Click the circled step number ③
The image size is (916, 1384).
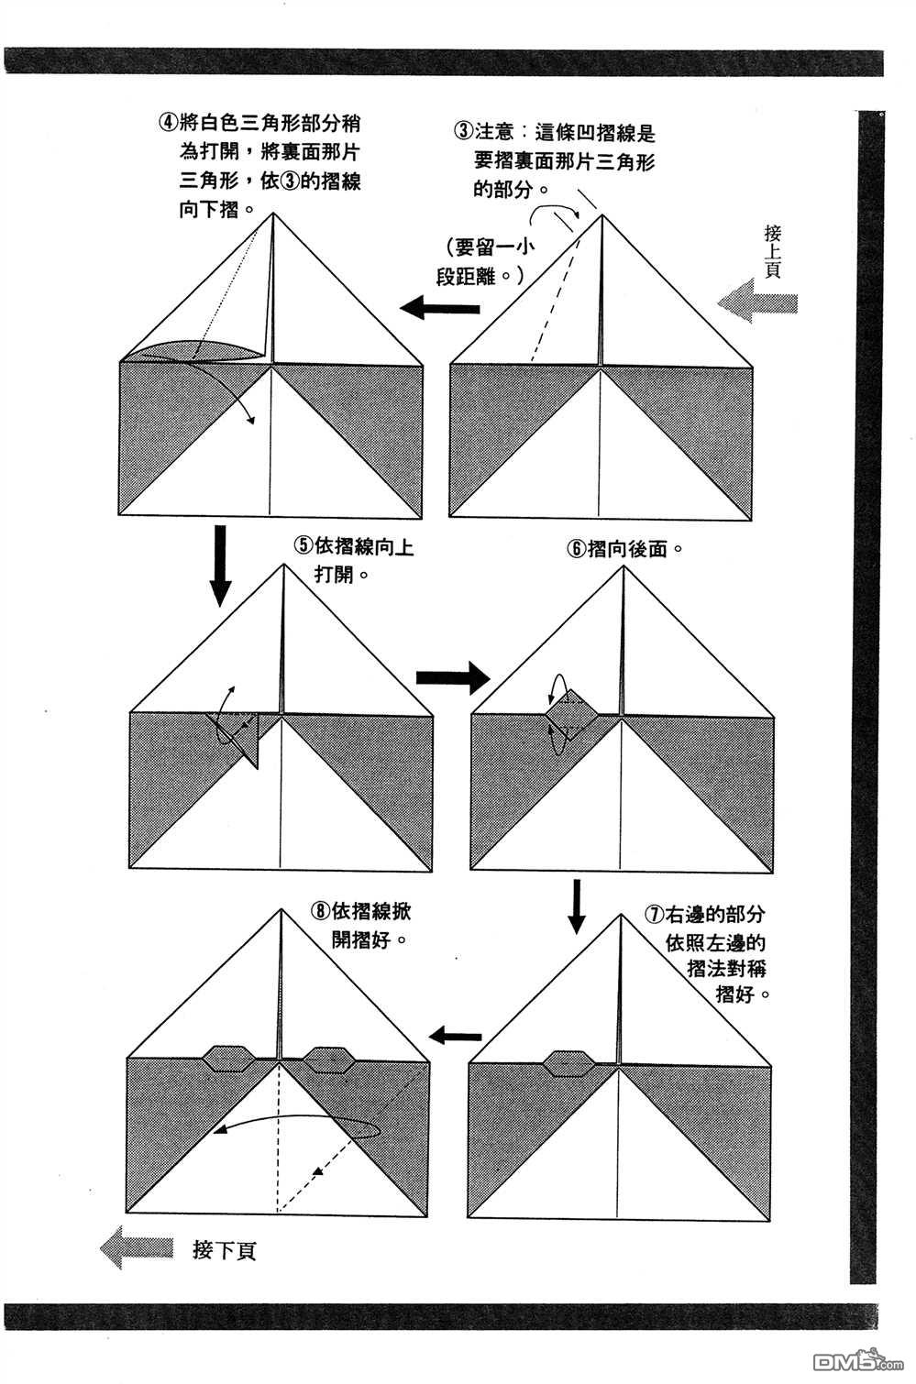point(464,131)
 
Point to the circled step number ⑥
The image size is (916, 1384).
point(576,550)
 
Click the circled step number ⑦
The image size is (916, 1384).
point(655,915)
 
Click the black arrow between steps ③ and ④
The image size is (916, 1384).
point(443,307)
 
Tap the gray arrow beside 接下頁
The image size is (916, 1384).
point(137,1248)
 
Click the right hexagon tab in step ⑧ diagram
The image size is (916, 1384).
point(329,1060)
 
